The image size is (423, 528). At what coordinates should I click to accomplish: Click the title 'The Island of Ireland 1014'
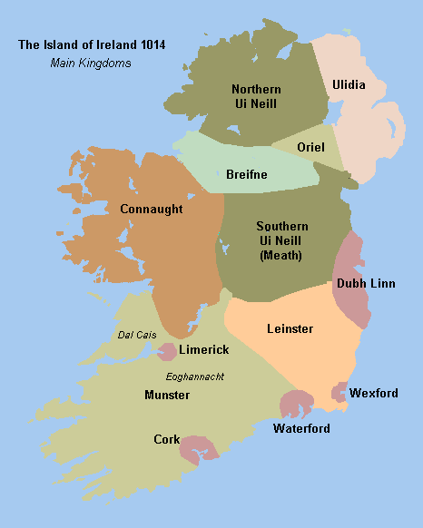point(86,44)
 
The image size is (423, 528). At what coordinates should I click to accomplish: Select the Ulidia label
point(349,84)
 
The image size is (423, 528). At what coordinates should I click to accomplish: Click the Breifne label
point(246,174)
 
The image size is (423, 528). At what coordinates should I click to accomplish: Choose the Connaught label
point(152,209)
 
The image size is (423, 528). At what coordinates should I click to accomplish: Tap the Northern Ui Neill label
point(256,96)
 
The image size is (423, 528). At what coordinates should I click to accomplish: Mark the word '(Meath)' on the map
point(281,255)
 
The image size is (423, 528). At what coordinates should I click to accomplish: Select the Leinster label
point(290,328)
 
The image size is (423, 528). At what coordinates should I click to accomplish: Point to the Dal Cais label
point(138,335)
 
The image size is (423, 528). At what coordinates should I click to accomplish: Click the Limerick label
point(204,349)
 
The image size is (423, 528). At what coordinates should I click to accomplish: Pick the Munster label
point(167,395)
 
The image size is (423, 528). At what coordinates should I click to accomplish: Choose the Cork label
point(166,439)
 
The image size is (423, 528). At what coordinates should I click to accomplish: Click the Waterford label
point(301,428)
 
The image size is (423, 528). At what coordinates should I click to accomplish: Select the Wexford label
point(374,393)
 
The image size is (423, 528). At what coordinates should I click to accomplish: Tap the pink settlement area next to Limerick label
point(168,351)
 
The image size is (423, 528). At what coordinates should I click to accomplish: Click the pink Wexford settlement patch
point(339,392)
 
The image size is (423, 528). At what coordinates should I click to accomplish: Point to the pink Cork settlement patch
point(198,446)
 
